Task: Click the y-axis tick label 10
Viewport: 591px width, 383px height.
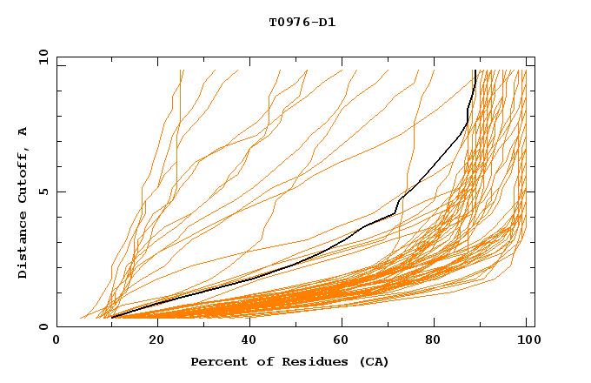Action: click(42, 57)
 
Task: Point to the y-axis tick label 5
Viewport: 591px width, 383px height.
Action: click(45, 191)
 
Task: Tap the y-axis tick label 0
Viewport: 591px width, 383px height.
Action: click(45, 326)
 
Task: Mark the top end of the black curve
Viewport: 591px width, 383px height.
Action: click(475, 71)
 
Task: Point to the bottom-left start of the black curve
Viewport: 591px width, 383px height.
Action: click(112, 317)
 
